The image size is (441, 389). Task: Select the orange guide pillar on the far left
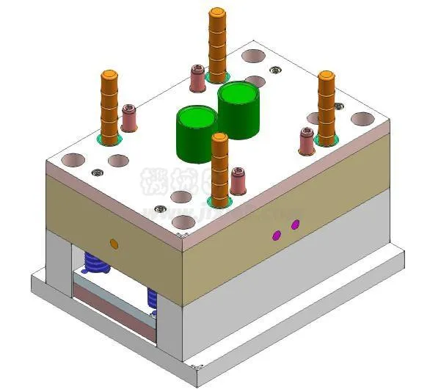coord(109,106)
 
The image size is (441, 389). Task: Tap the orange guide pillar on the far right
coord(326,106)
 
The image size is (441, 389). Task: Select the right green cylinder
coord(239,110)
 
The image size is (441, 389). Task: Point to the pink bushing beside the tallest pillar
coord(197,79)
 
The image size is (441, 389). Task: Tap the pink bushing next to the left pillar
coord(129,118)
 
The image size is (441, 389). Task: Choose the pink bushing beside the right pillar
coord(307,142)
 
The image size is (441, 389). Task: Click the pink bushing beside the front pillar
coord(238,181)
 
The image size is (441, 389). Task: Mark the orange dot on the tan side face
coord(113,243)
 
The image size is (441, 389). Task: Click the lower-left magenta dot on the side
coord(277,235)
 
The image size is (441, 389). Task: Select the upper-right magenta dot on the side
coord(296,224)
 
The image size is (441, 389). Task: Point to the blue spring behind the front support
coord(153,297)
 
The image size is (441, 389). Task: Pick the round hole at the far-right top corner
coord(361,118)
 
